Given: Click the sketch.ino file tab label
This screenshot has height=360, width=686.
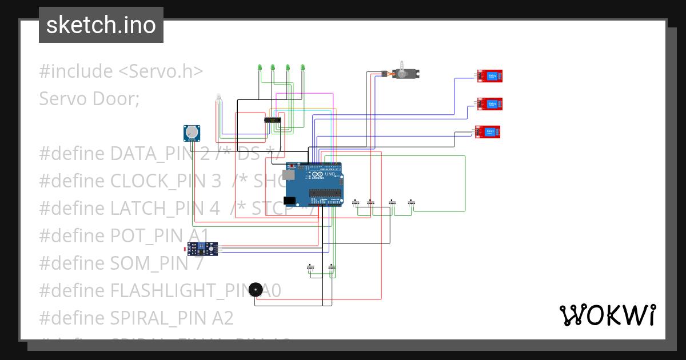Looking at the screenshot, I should (101, 25).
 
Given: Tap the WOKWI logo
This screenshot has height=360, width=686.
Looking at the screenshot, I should (607, 315).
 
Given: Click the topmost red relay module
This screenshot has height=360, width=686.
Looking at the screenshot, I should (490, 75).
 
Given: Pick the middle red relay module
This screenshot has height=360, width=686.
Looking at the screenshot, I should (490, 103).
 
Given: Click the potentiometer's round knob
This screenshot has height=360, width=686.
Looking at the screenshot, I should (193, 134).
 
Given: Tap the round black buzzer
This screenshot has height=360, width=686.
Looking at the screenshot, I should (256, 290).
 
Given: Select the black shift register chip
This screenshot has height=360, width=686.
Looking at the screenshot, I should (272, 119).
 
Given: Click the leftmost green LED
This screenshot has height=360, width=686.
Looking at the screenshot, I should (260, 67).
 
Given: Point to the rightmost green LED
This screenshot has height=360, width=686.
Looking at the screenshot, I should (302, 67).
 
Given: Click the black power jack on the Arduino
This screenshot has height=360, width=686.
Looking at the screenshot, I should (290, 201).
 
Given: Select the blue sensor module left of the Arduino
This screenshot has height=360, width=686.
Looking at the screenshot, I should (202, 248).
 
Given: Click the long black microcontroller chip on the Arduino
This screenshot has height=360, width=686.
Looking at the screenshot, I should (326, 193).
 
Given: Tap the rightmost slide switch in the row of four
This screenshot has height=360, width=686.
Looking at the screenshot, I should (412, 202).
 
